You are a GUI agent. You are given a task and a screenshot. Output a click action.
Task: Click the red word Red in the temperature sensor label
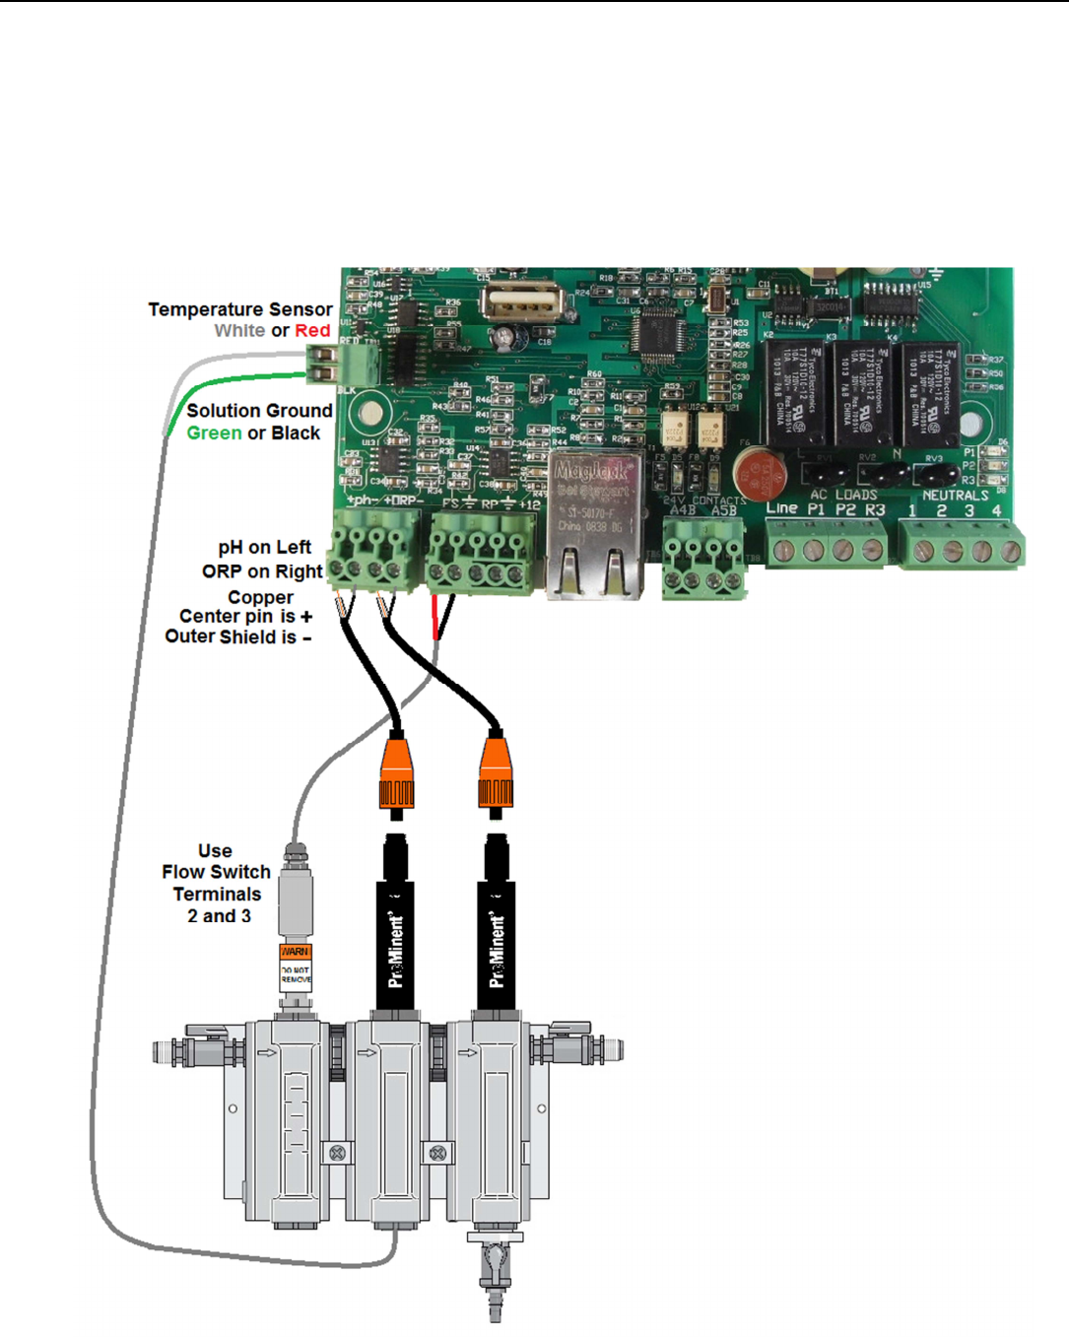[x=312, y=331]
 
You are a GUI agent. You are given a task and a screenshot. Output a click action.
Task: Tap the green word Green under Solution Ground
[x=214, y=434]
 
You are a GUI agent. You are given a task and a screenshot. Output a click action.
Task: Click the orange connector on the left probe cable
[x=396, y=773]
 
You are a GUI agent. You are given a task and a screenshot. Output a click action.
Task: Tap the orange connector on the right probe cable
[x=496, y=773]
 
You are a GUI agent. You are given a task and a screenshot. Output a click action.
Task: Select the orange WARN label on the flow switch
[x=296, y=952]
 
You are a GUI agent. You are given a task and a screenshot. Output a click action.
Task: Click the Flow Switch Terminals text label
[x=217, y=884]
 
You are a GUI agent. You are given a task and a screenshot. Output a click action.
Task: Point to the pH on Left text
[x=264, y=548]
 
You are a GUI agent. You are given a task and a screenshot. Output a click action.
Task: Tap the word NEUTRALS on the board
[x=955, y=496]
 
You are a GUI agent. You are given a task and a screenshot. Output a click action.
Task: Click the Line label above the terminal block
[x=781, y=508]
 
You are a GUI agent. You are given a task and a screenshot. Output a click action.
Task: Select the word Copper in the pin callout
[x=260, y=598]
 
